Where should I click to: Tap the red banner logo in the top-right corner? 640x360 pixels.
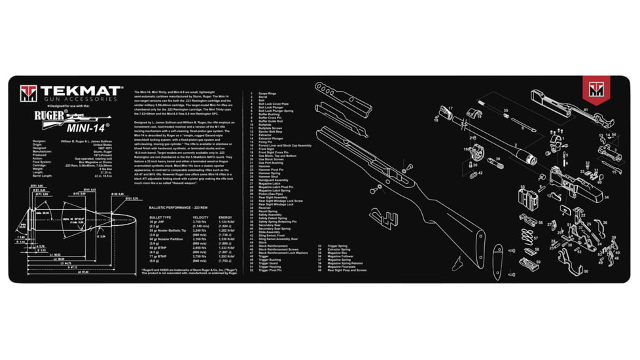pos(596,89)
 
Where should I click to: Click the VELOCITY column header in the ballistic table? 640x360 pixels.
pos(201,217)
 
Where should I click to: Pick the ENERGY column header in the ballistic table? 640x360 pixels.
pos(225,217)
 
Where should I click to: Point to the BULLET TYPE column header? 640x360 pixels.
pos(160,217)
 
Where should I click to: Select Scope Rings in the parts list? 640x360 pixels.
pos(267,94)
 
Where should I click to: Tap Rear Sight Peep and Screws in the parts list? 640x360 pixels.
pos(347,270)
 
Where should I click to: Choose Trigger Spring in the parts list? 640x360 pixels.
pos(338,246)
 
